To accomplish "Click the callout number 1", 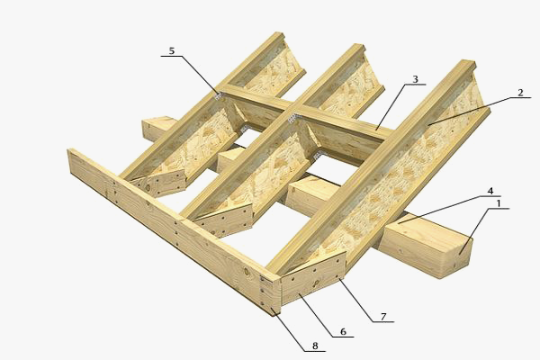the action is click(498, 203).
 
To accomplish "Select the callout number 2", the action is click(520, 93).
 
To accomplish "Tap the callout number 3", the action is click(415, 79).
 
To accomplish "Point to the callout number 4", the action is click(490, 191).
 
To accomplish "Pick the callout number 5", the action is click(172, 51).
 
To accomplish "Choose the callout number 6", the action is click(343, 331).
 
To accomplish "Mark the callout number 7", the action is click(383, 316).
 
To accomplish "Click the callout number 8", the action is click(315, 346).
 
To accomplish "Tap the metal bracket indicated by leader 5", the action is click(219, 95).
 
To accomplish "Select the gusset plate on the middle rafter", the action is click(224, 220).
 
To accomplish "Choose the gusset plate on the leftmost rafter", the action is click(159, 184).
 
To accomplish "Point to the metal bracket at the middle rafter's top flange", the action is click(292, 119).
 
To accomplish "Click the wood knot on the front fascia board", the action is click(247, 272).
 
